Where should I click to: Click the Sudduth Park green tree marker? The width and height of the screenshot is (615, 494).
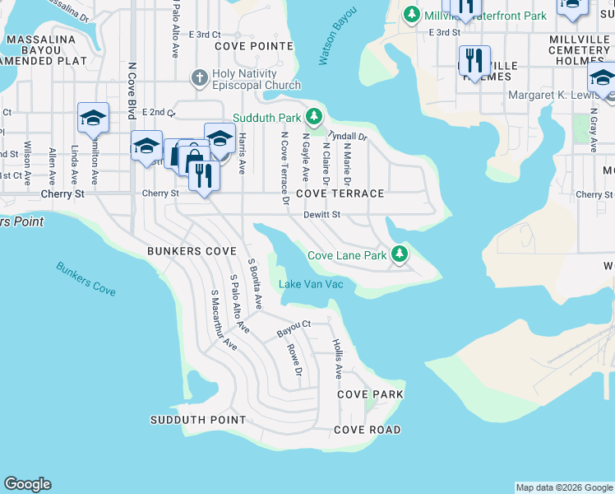tap(312, 116)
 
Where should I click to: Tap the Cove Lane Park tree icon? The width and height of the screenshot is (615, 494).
tap(400, 254)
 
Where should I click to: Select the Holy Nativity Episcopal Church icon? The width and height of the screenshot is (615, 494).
tap(199, 78)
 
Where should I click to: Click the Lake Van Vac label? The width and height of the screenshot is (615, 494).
tap(317, 285)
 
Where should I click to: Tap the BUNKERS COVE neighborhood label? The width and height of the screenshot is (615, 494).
tap(192, 250)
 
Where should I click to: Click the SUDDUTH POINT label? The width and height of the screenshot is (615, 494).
tap(197, 420)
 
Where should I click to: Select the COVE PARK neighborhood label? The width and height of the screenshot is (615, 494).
tap(370, 394)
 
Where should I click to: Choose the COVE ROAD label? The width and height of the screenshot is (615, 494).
tap(367, 430)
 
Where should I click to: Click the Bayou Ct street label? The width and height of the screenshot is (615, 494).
tap(294, 327)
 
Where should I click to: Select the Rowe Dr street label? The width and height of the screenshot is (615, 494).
tap(294, 366)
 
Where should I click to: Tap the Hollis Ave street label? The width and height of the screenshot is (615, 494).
tap(337, 358)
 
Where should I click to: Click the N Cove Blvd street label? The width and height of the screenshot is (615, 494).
tap(132, 91)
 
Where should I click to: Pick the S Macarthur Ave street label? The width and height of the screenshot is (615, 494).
tap(224, 320)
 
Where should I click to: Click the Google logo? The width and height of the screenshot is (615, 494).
tap(28, 484)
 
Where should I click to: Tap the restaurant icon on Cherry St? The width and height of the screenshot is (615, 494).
tap(201, 175)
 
